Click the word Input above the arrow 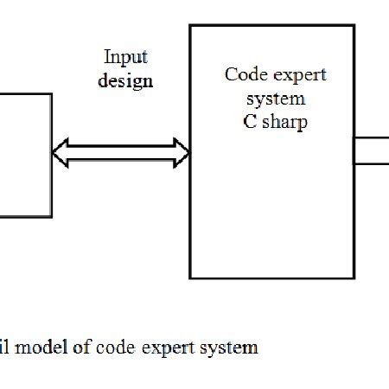click(126, 58)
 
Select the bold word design click(125, 81)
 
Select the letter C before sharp click(250, 122)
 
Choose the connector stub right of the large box click(372, 150)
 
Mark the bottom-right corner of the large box click(354, 278)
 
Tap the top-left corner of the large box click(190, 26)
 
